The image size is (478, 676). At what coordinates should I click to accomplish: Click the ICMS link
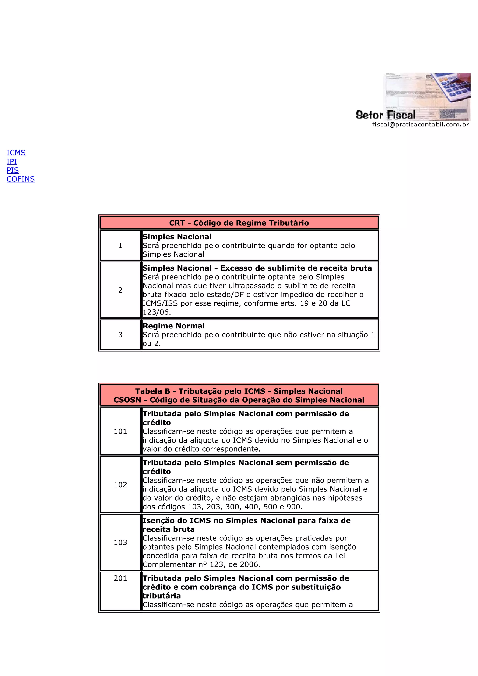16,153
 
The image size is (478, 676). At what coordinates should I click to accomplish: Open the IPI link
12,161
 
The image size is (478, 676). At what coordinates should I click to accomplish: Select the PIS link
13,170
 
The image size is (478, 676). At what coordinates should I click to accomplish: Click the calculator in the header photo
453,87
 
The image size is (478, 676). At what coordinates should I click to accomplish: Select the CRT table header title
239,223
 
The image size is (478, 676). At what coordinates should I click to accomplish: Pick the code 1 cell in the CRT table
120,246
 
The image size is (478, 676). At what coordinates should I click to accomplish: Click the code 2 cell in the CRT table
120,290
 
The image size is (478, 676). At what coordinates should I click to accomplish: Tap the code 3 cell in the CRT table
120,335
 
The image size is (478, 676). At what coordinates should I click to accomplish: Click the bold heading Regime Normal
173,326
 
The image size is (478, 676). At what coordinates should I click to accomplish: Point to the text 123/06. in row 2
157,312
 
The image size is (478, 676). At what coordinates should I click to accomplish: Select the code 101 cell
120,431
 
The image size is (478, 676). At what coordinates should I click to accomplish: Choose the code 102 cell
120,485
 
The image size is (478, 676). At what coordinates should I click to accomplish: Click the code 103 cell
120,542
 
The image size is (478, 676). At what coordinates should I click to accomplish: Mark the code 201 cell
120,578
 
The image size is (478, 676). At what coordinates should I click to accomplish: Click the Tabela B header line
239,391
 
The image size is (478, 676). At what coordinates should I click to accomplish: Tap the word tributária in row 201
162,596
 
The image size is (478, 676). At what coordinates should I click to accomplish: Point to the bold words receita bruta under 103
169,529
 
